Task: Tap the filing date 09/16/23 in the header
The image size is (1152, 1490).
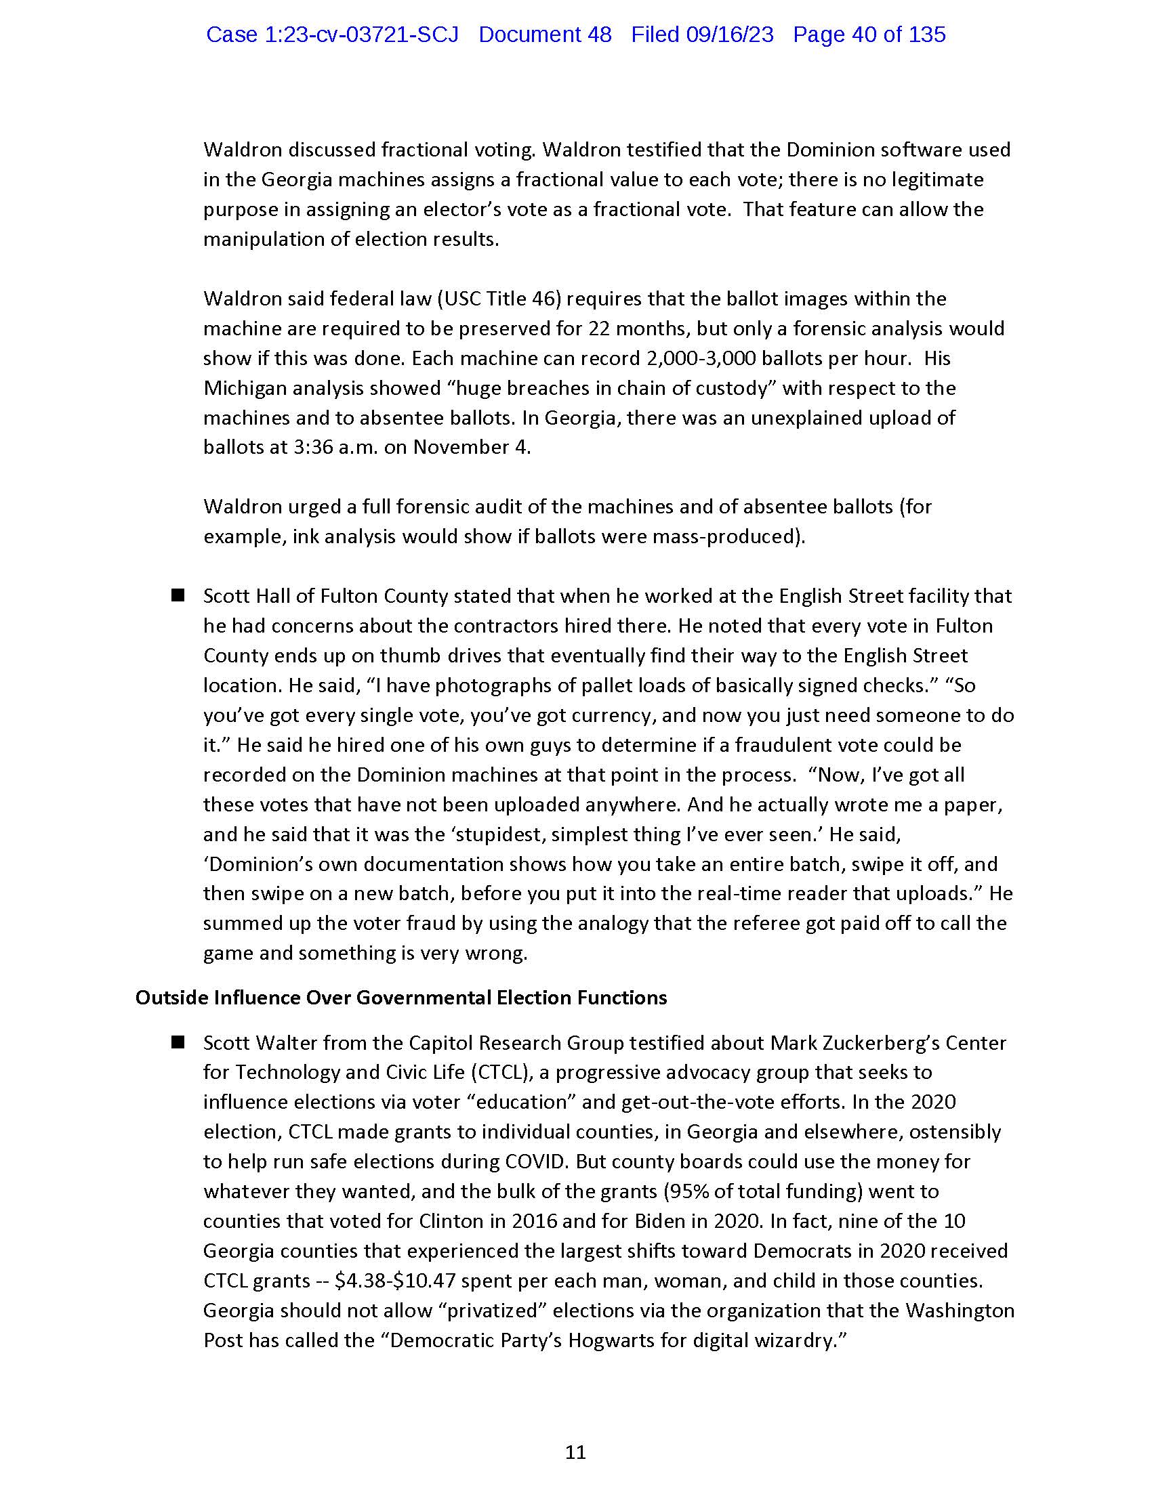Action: pos(730,35)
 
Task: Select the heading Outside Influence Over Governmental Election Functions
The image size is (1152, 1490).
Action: pos(400,998)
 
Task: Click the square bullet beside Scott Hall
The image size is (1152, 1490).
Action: pos(178,595)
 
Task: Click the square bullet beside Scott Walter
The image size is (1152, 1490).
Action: pos(178,1042)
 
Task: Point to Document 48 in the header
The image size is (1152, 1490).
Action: pos(545,35)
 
